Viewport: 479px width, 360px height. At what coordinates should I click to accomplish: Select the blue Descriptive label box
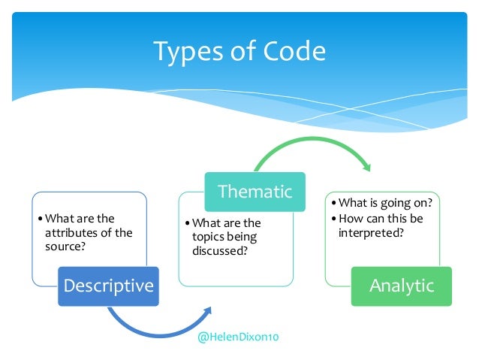tap(109, 286)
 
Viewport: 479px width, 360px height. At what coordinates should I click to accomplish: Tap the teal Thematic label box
tap(255, 191)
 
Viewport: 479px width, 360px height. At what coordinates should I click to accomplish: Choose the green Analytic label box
tap(401, 286)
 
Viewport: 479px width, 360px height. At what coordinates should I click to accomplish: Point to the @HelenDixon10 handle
tap(238, 338)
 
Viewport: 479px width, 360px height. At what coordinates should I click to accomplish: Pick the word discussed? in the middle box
tap(219, 250)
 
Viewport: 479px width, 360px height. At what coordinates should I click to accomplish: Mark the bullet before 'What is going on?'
tap(334, 204)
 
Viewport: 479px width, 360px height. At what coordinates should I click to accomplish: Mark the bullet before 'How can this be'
tap(334, 219)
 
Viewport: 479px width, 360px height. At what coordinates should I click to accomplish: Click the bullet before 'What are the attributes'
tap(41, 219)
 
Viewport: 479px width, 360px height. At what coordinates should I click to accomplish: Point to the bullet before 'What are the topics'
tap(188, 223)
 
